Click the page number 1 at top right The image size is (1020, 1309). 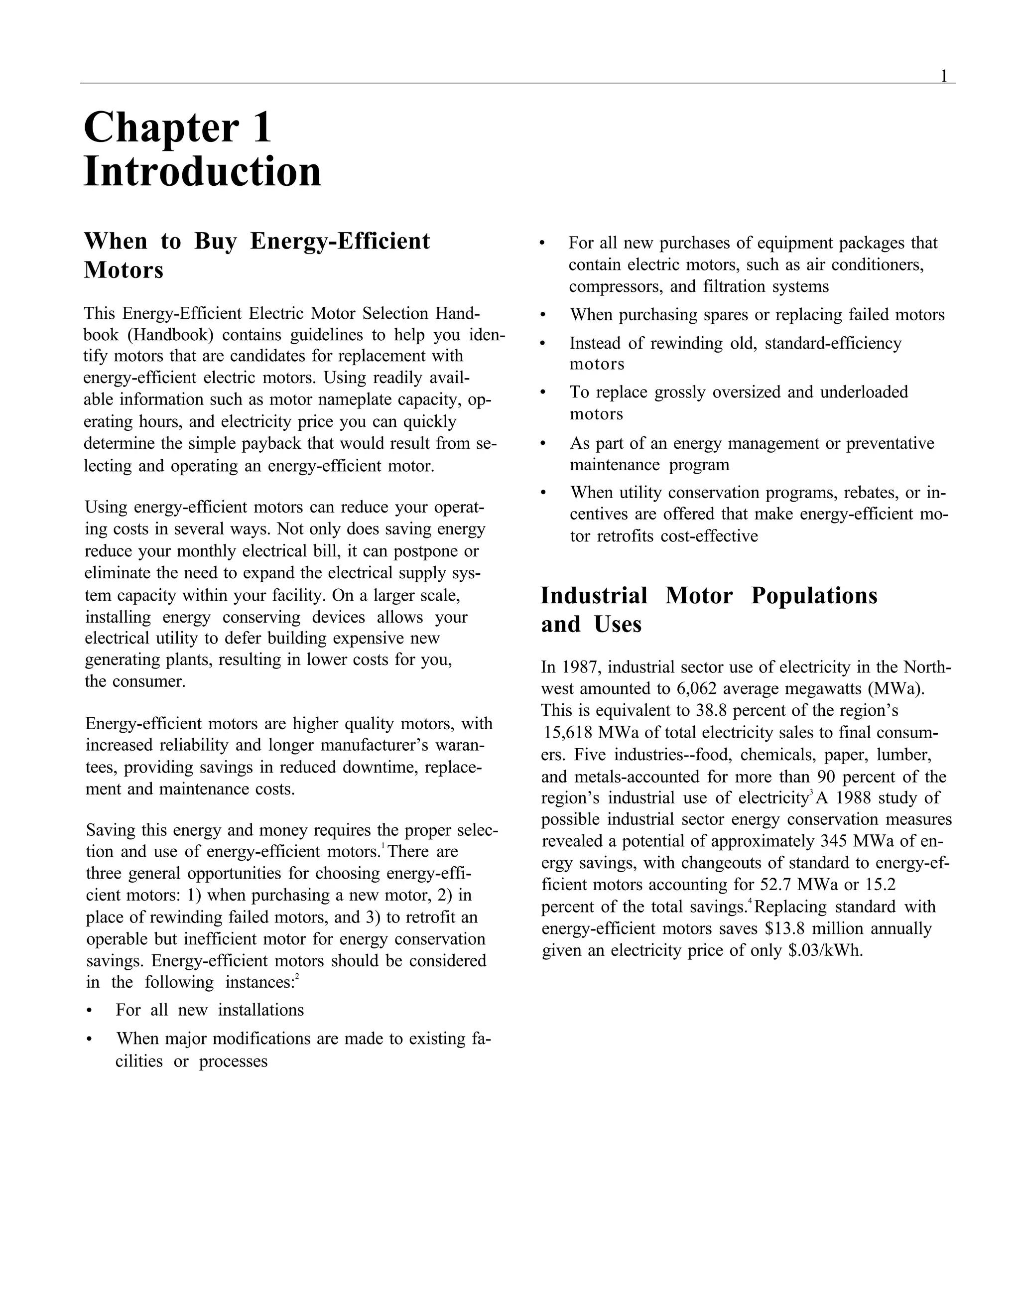click(x=944, y=76)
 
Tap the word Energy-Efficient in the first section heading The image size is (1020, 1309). click(x=340, y=241)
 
